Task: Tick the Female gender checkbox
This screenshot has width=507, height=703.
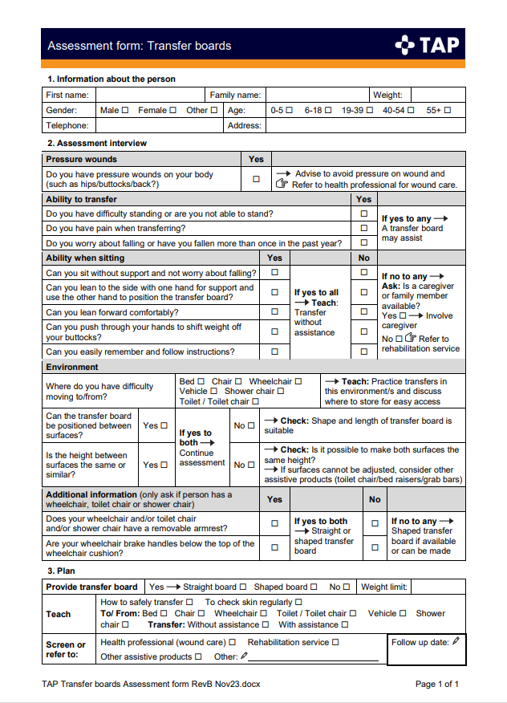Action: [x=172, y=110]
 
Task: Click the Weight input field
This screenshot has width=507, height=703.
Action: [x=437, y=95]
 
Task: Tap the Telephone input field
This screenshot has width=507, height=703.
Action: [x=157, y=125]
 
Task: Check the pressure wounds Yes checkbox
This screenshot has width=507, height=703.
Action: [x=256, y=179]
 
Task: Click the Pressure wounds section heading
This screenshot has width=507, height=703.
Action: [x=82, y=159]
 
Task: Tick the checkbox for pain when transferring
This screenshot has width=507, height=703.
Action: [x=363, y=228]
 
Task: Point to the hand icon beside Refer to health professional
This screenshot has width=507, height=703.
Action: [x=282, y=185]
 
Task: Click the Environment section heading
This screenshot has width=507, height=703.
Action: [x=72, y=367]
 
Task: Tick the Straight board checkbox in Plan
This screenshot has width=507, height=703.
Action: [x=243, y=587]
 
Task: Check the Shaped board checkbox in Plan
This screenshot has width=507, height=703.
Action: [x=314, y=587]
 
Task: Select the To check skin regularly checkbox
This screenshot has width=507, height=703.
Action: [x=298, y=602]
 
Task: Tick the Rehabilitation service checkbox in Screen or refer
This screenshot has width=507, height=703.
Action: [x=335, y=642]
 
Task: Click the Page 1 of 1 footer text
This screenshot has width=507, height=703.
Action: [x=436, y=684]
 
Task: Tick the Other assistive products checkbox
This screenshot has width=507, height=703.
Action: [x=198, y=656]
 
